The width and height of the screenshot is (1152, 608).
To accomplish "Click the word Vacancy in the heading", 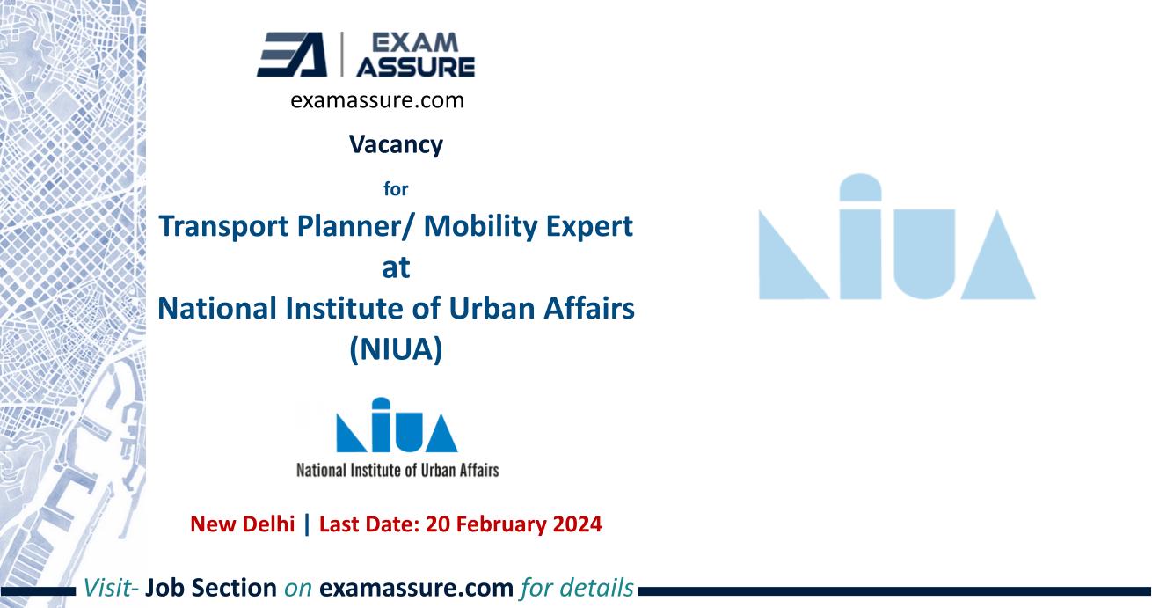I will click(x=395, y=144).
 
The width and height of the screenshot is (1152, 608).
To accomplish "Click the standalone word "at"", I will click(x=395, y=268).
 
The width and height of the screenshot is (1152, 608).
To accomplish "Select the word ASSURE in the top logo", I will click(x=431, y=67).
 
